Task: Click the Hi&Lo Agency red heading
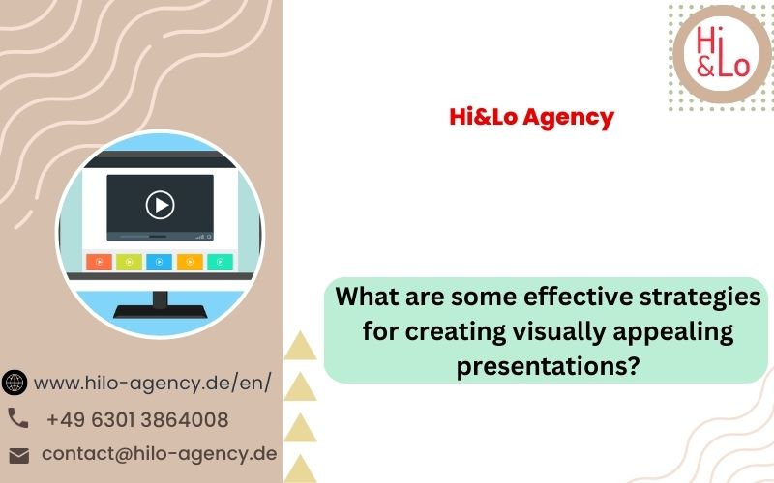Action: (531, 118)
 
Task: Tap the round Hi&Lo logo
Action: (722, 54)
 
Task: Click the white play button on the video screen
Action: (160, 205)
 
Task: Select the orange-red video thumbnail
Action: (100, 262)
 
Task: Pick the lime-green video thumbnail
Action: (130, 262)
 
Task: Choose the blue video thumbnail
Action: (159, 262)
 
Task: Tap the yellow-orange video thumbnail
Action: (190, 262)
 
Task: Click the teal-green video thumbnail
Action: (220, 262)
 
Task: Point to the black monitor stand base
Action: (160, 311)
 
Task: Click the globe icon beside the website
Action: (15, 383)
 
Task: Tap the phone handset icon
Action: (18, 418)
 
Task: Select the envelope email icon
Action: (19, 456)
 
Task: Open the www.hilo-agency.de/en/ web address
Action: (153, 383)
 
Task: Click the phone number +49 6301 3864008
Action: (137, 420)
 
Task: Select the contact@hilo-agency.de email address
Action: (160, 454)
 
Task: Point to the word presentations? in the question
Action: (548, 366)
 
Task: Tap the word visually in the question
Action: (559, 331)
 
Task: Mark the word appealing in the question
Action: (673, 332)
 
